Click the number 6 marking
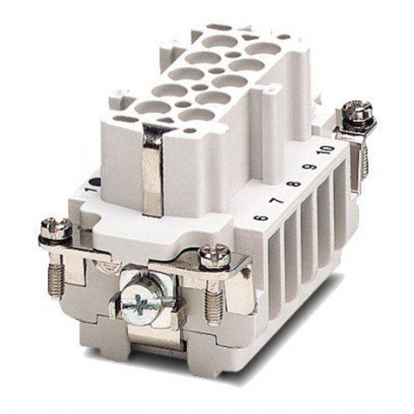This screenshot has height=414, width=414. click(260, 218)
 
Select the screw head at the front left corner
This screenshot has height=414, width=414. click(56, 229)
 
